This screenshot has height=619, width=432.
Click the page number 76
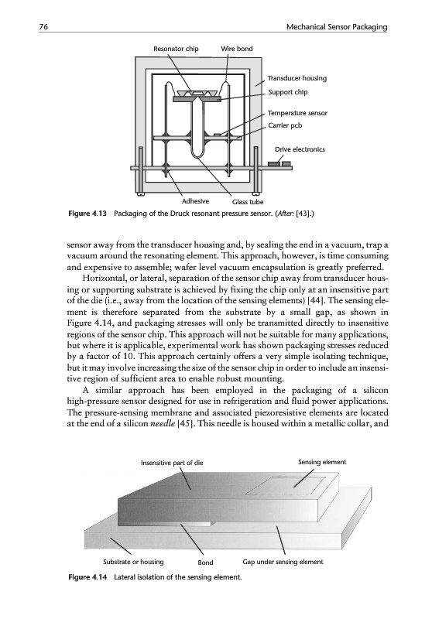(x=43, y=26)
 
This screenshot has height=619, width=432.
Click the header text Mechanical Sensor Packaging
(x=337, y=27)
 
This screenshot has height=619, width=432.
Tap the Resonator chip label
(x=176, y=49)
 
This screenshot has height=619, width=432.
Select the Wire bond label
(x=237, y=49)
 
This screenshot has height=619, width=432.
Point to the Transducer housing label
(x=297, y=78)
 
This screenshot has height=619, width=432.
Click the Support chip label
(x=287, y=92)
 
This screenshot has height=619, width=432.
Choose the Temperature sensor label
(x=297, y=113)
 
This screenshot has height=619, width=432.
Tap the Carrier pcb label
(x=285, y=125)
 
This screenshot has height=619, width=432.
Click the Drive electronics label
(x=300, y=149)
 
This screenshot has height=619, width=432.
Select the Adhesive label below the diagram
(x=195, y=201)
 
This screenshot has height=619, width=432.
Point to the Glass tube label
(x=248, y=202)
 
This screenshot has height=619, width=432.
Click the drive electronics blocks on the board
(x=279, y=164)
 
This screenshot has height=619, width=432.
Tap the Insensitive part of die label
(x=172, y=463)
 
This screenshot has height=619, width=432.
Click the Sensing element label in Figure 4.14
(x=322, y=462)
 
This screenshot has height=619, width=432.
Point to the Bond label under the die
(x=205, y=563)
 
